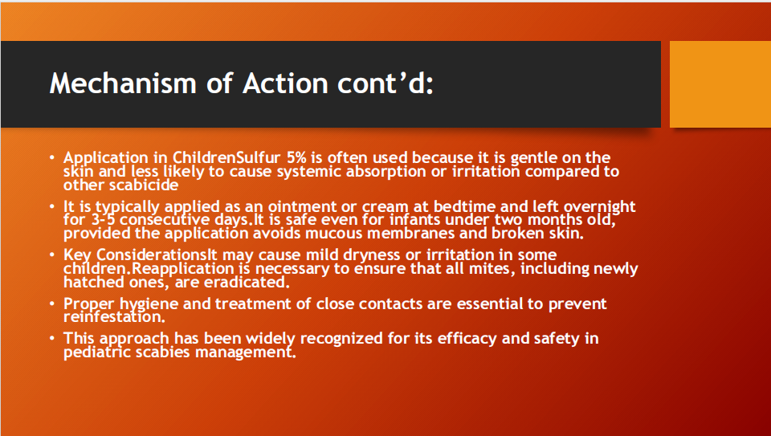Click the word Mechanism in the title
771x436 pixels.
[x=123, y=83]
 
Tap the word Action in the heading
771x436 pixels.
[x=285, y=83]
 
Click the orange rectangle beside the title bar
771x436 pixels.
[x=720, y=84]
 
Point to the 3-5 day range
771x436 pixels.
[x=104, y=219]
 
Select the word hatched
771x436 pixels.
[x=93, y=282]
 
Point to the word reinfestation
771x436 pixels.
[x=114, y=316]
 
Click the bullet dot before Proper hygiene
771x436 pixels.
[x=52, y=304]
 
